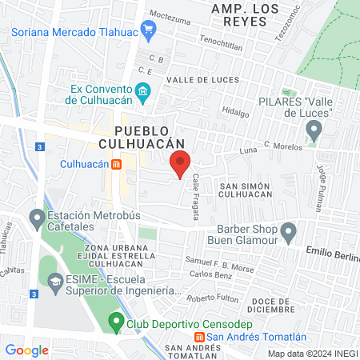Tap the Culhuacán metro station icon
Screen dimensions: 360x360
[117, 165]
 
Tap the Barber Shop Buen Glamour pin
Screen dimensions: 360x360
[289, 232]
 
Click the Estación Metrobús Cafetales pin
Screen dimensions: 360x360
[36, 218]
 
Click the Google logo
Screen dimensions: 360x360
[26, 350]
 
